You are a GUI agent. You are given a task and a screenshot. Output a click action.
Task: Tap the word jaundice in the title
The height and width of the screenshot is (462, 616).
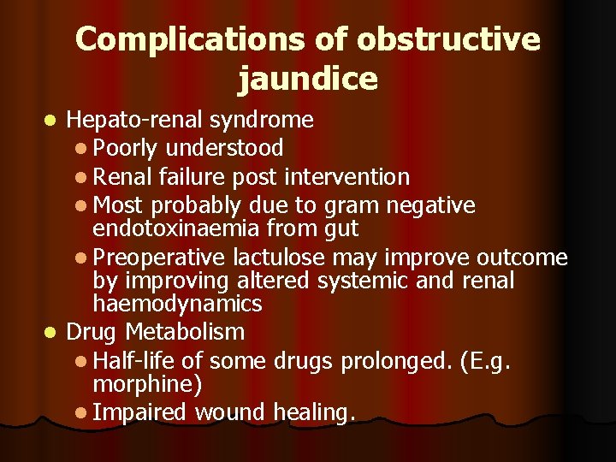(308, 79)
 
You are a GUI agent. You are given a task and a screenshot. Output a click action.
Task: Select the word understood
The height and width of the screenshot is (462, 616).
(225, 148)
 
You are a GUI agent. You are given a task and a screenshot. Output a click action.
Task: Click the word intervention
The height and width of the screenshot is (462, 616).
(346, 177)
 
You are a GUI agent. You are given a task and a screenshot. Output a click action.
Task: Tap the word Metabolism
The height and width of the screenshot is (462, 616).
(184, 331)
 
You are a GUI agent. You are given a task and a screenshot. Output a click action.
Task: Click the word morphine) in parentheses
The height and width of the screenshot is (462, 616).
(147, 384)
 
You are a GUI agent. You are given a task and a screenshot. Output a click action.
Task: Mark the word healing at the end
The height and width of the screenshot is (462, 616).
(313, 412)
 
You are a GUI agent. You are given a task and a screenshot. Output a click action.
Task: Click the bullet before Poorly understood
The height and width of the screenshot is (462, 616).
(80, 149)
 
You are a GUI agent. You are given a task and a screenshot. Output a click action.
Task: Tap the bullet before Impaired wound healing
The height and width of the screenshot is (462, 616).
(80, 413)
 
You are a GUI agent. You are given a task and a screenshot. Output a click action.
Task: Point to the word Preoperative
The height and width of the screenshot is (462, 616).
(158, 258)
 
